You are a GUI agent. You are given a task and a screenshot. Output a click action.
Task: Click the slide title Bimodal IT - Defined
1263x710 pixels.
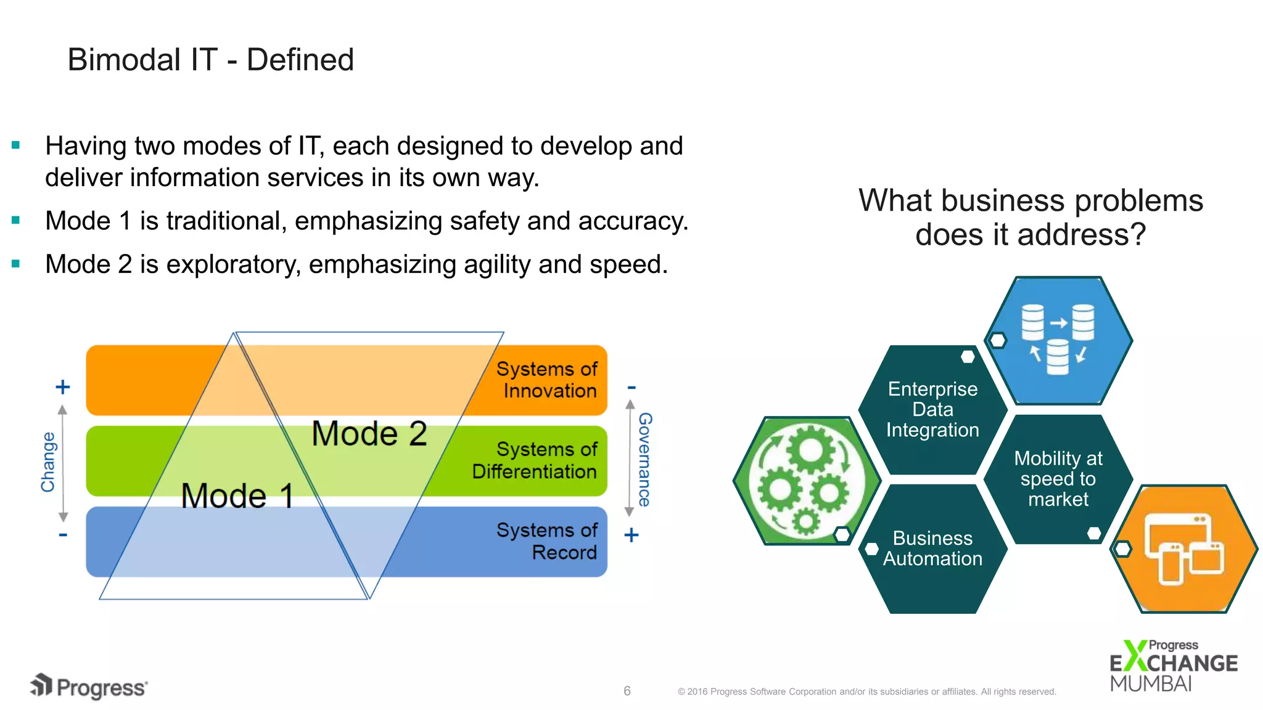point(210,60)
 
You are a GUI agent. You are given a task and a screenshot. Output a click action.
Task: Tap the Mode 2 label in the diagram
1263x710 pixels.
point(369,433)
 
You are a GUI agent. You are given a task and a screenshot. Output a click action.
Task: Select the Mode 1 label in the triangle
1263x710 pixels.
point(237,496)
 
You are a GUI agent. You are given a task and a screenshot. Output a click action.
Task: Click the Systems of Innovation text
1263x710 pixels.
point(546,380)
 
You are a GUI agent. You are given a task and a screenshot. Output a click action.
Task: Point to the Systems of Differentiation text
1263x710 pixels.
point(534,460)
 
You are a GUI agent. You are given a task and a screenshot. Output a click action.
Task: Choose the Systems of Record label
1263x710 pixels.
point(546,541)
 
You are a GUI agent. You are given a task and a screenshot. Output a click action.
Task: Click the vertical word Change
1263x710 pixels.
point(48,462)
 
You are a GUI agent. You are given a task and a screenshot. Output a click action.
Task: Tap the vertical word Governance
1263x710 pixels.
point(645,459)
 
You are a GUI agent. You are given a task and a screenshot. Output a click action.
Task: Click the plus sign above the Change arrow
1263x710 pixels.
point(62,387)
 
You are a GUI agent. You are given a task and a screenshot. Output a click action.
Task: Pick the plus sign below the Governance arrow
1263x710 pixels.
point(631,535)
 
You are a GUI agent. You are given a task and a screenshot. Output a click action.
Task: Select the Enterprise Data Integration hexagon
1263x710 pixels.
point(932,409)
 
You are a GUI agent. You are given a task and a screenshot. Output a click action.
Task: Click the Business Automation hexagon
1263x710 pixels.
point(932,549)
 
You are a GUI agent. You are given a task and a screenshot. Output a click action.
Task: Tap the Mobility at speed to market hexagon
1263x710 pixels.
point(1058,479)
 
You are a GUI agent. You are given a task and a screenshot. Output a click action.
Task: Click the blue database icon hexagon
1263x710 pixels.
point(1059,340)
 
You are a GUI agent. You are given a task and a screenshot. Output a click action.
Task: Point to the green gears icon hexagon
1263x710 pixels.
point(805,480)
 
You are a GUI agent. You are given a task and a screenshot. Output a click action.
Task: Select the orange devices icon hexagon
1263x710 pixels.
point(1184,549)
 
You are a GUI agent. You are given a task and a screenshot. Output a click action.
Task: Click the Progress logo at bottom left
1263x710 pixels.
point(89,687)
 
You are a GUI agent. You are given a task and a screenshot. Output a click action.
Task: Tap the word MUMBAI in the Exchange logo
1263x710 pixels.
point(1151,684)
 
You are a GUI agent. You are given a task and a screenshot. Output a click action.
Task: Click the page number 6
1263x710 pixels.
point(627,691)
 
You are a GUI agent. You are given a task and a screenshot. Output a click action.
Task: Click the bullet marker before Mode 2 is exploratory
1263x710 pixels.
point(16,264)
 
